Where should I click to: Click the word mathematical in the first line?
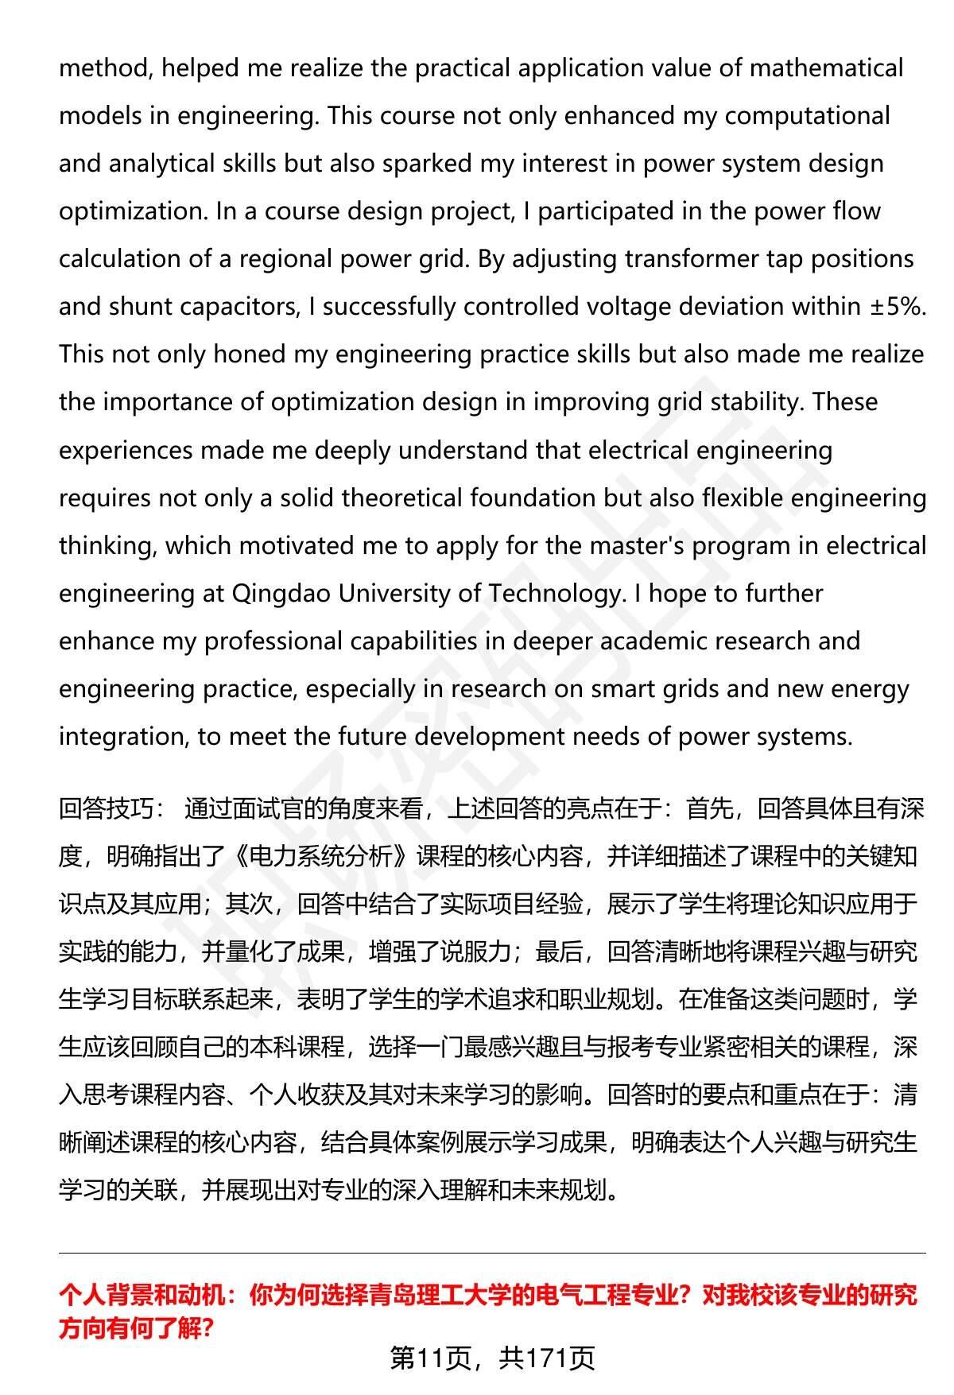click(826, 68)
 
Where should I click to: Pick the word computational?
click(807, 116)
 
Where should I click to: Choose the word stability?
click(754, 402)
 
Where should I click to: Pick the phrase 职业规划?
click(607, 1000)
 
